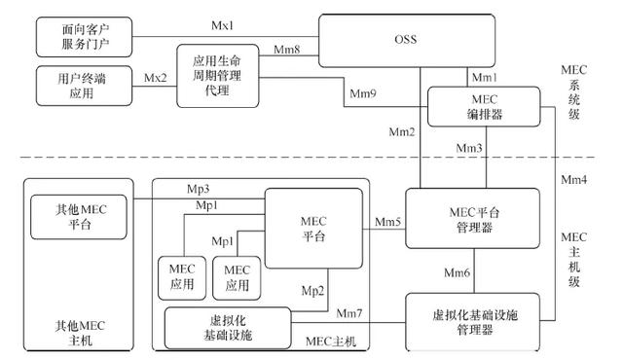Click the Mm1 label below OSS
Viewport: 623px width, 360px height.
click(x=484, y=76)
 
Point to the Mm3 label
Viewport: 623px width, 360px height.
click(x=470, y=147)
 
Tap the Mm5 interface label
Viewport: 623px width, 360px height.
click(x=383, y=222)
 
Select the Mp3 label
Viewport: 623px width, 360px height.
click(x=198, y=187)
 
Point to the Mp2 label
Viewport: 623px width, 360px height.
click(x=312, y=290)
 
